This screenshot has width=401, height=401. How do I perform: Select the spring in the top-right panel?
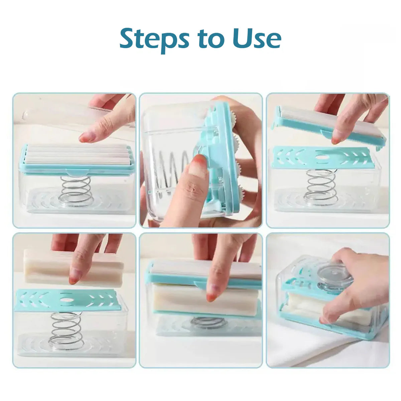[320, 187]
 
